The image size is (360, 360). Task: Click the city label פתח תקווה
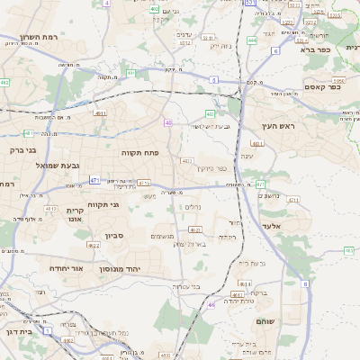140,153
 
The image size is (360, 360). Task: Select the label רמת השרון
38,39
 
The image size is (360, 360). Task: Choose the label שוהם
265,321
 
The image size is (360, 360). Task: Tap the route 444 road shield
252,40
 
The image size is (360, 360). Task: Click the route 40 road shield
168,121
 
